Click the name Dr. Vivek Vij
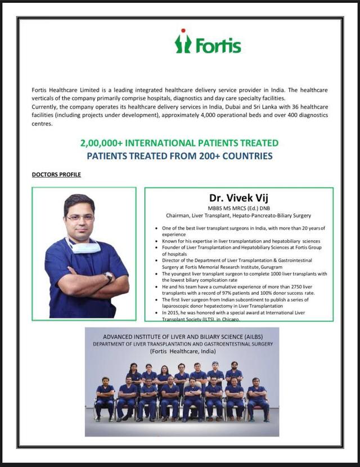[238, 197]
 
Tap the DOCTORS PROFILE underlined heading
[56, 174]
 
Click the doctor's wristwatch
[109, 276]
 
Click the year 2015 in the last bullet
[173, 312]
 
